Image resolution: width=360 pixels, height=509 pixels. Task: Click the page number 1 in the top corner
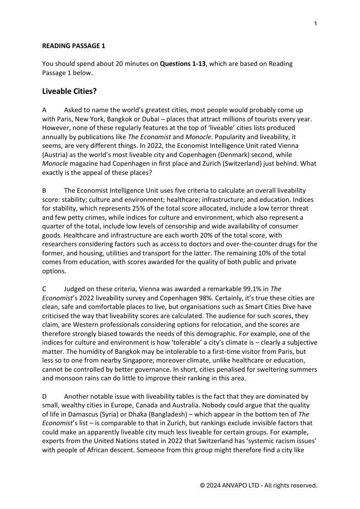pos(315,24)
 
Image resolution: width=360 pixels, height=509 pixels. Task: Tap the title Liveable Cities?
pos(69,91)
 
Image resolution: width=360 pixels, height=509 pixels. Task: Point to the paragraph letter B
pos(44,190)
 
